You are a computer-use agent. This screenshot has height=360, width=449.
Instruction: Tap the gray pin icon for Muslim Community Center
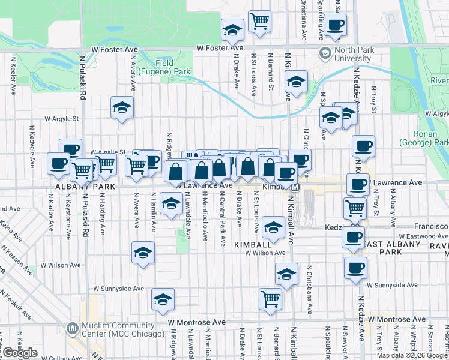73,329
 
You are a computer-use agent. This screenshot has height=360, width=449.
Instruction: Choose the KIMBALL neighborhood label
253,245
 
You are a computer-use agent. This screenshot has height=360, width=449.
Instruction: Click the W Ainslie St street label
108,152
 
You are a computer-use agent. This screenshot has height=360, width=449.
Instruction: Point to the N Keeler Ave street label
13,76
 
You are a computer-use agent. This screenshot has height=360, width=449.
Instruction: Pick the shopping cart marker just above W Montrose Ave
271,298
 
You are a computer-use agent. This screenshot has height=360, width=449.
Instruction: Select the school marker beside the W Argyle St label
122,108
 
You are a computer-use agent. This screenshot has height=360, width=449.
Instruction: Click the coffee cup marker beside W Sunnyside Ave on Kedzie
355,268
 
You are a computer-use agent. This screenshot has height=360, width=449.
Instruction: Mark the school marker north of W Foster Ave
232,29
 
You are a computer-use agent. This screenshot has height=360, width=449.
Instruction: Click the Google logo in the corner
19,353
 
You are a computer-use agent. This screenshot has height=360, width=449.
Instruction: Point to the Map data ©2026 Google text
411,355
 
